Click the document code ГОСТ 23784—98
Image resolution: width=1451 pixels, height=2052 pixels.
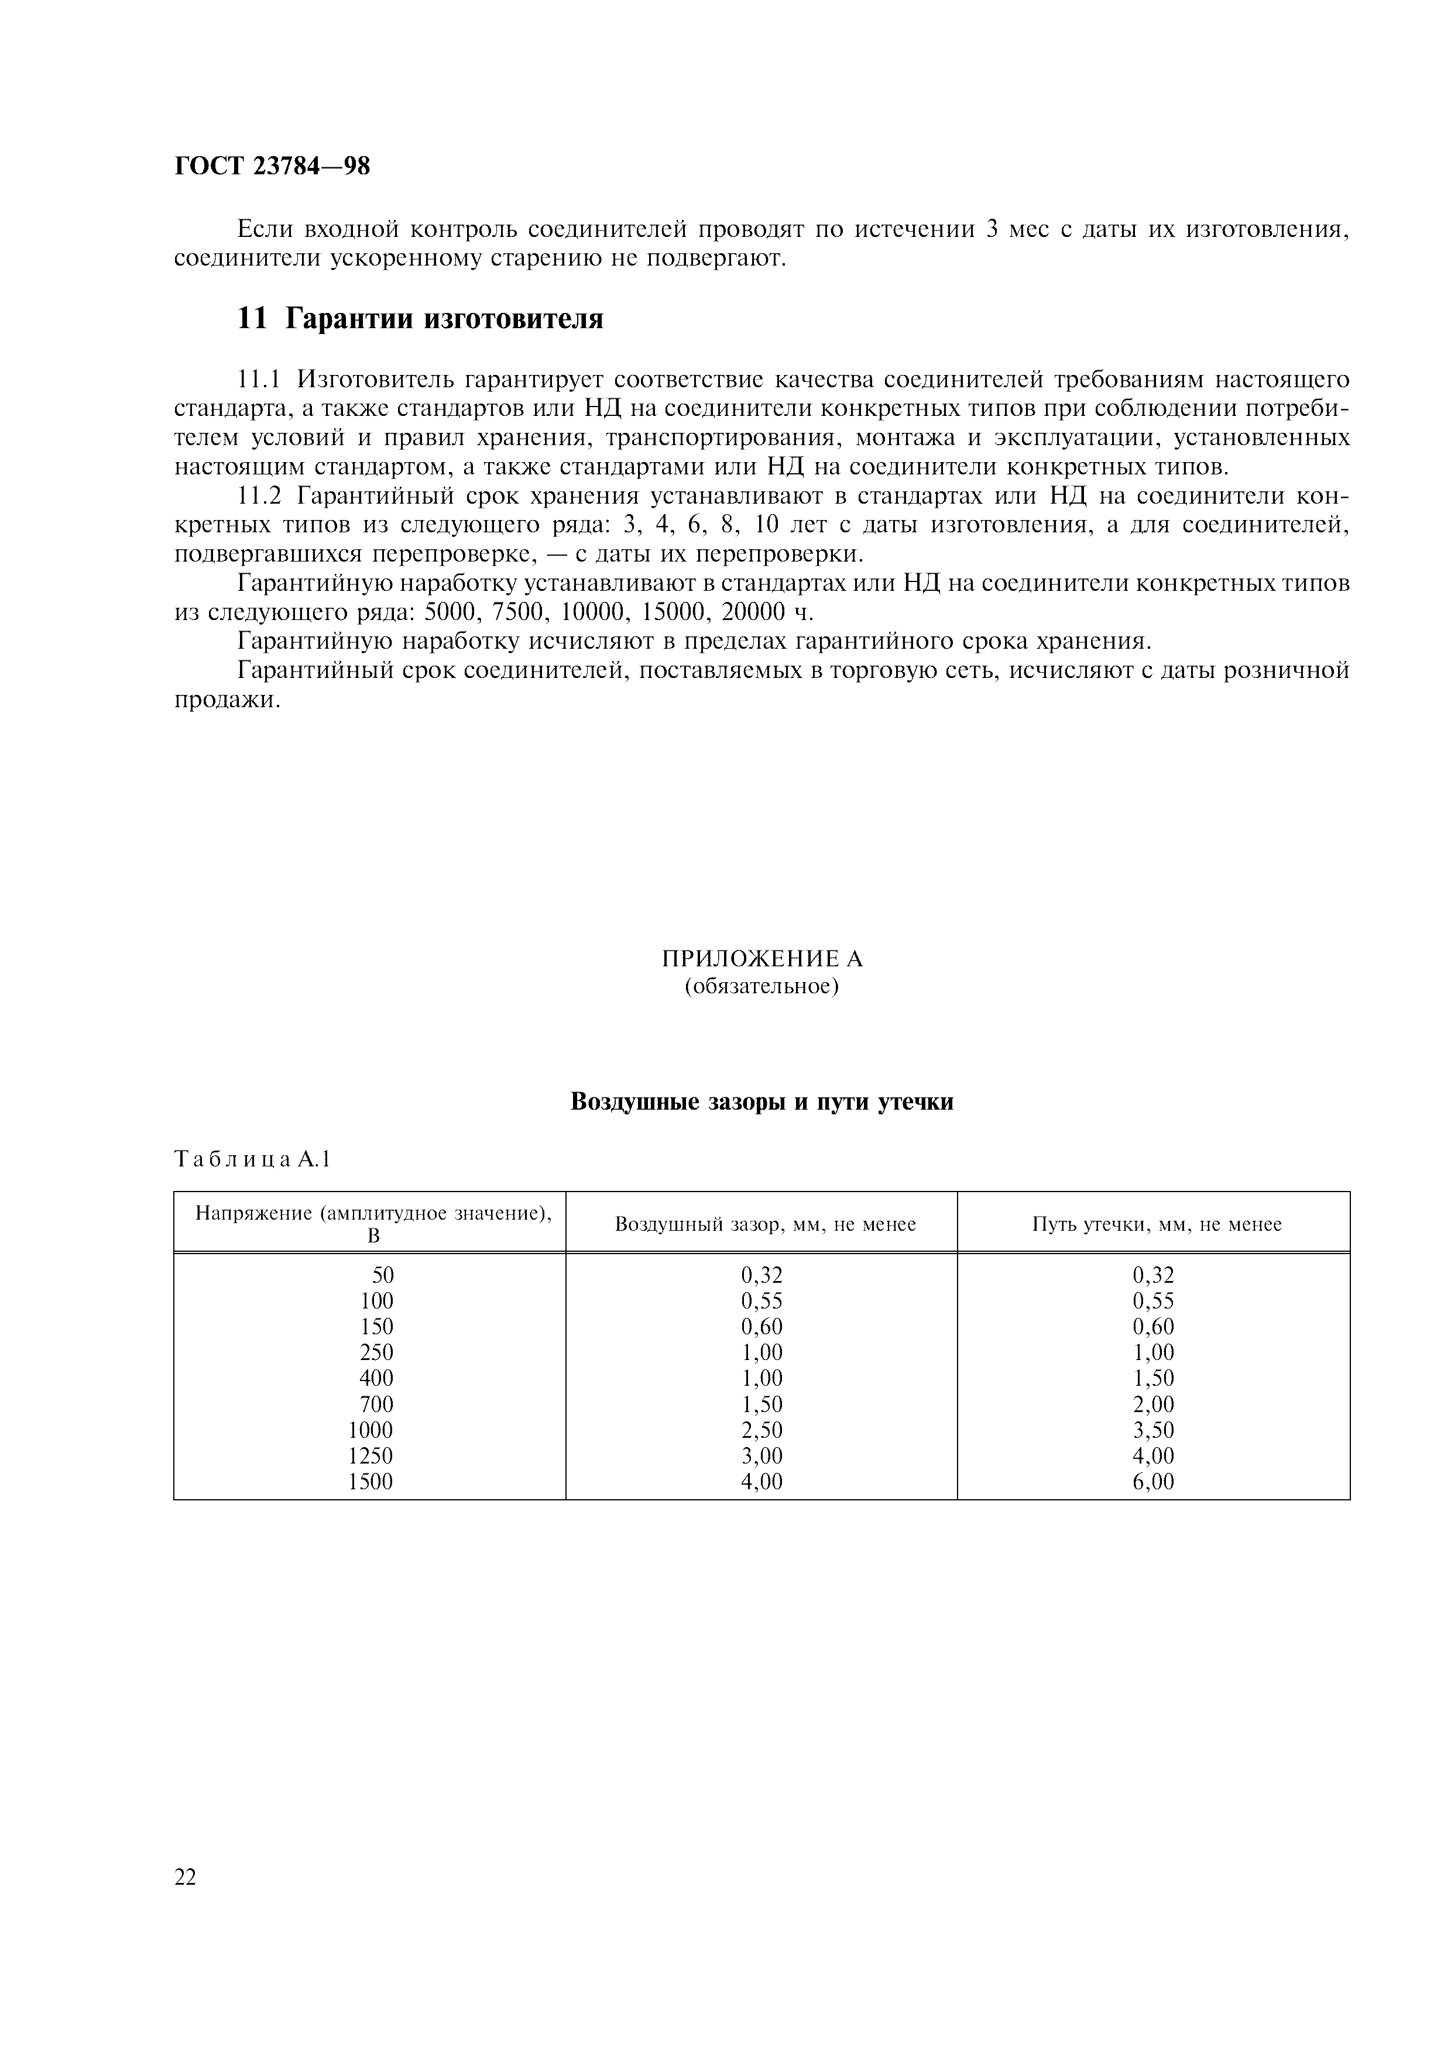272,166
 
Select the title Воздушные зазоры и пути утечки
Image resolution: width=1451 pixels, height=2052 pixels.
761,1102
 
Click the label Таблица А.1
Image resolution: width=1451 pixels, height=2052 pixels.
253,1160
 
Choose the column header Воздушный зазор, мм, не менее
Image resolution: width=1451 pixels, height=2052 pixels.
765,1224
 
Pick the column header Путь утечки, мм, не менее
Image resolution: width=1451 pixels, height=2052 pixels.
1157,1224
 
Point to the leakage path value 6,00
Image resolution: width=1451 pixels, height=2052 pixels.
1153,1482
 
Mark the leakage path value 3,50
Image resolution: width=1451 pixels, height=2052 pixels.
1153,1430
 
